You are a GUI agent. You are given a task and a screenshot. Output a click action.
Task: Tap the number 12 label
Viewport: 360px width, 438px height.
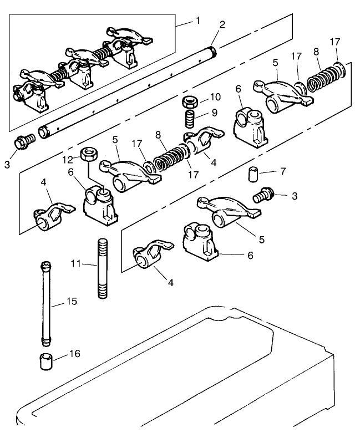tap(68, 159)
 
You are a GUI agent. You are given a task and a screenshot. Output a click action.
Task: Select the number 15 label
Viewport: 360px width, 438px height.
tap(71, 302)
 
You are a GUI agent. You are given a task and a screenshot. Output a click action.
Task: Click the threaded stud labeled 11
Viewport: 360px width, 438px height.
tap(102, 268)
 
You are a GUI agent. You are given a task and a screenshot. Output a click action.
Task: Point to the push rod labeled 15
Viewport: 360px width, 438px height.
tap(45, 303)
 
